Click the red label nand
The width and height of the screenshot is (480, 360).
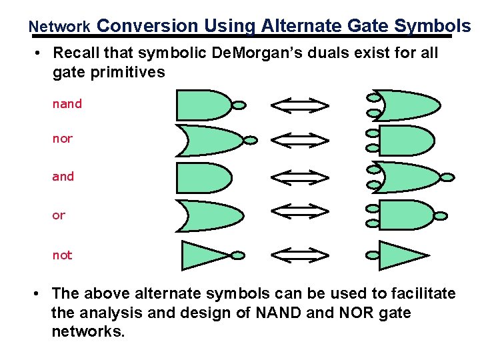pyautogui.click(x=67, y=104)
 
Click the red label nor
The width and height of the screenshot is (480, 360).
pyautogui.click(x=63, y=139)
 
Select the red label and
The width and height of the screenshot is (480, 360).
pyautogui.click(x=63, y=177)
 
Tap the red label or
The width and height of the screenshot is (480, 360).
pyautogui.click(x=59, y=215)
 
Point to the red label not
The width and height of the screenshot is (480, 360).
pyautogui.click(x=63, y=255)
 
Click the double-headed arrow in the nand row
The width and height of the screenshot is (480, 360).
pyautogui.click(x=299, y=105)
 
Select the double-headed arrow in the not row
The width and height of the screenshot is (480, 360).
pyautogui.click(x=299, y=255)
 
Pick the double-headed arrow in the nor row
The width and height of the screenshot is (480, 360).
pyautogui.click(x=299, y=140)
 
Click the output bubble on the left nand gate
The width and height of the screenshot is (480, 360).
pyautogui.click(x=239, y=105)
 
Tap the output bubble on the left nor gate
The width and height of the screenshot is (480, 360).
pyautogui.click(x=251, y=140)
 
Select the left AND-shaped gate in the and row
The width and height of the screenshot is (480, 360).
pyautogui.click(x=203, y=177)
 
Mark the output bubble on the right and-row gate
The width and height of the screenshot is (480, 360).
pyautogui.click(x=448, y=177)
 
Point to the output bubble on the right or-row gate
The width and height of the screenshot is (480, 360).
pyautogui.click(x=441, y=215)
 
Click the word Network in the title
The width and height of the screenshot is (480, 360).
pyautogui.click(x=60, y=27)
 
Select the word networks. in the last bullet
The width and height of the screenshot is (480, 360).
pyautogui.click(x=88, y=331)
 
